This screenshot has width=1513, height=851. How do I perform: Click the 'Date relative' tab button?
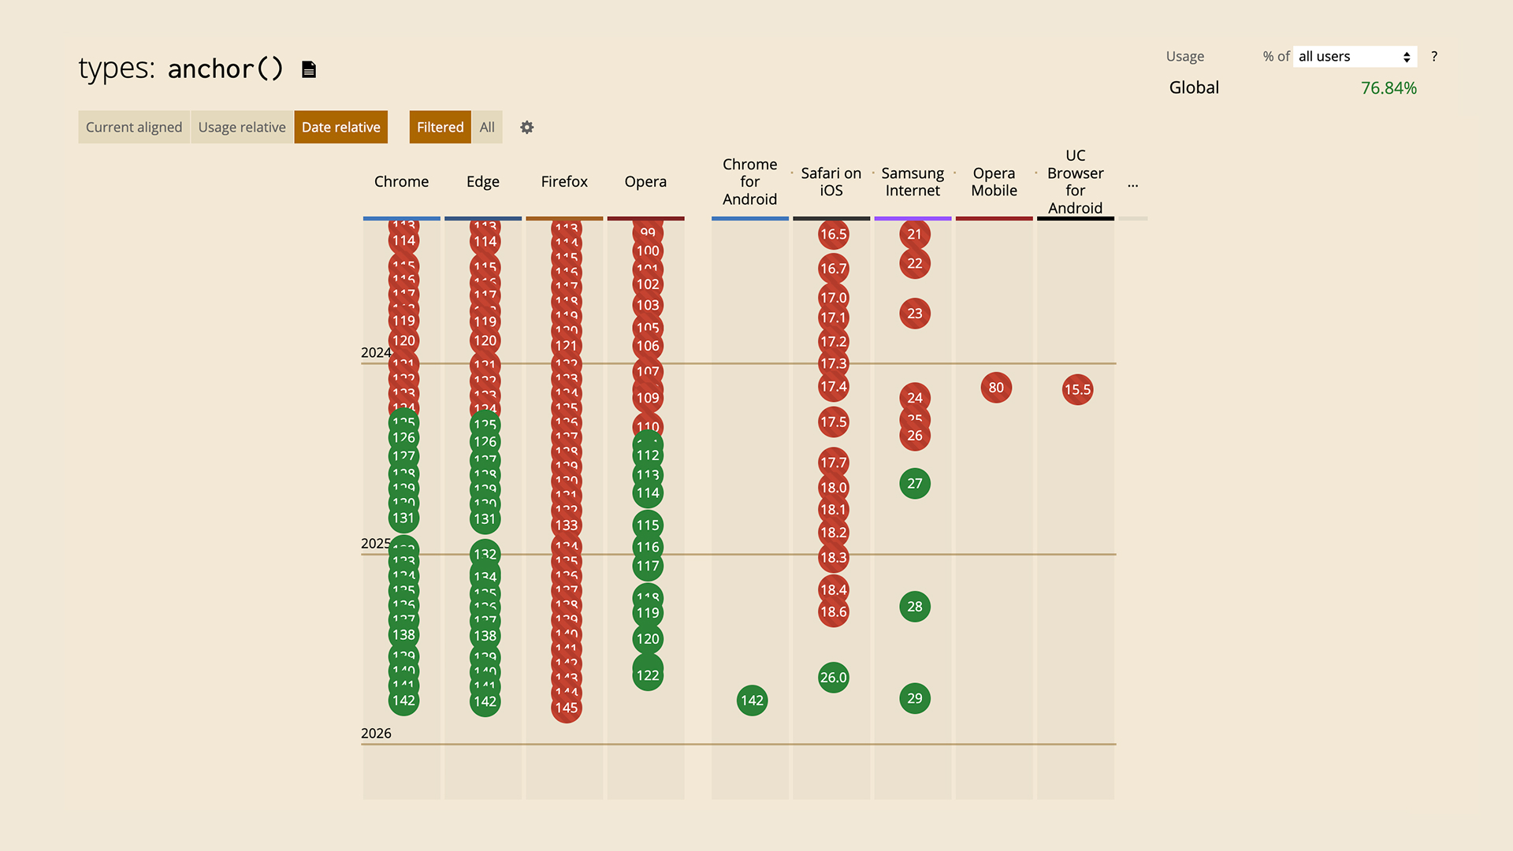pos(340,127)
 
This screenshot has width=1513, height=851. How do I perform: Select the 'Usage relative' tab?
pos(241,127)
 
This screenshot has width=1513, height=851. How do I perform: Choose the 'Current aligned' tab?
pos(134,127)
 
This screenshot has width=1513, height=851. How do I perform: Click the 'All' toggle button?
pos(487,127)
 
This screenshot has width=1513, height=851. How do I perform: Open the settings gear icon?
pos(527,127)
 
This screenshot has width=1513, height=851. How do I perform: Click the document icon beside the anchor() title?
pos(309,69)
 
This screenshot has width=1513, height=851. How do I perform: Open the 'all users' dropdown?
pos(1355,57)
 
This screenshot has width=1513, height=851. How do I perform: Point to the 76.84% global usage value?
pos(1388,88)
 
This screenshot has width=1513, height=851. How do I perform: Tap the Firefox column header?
pos(564,181)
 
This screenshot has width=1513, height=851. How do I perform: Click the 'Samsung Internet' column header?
pos(913,182)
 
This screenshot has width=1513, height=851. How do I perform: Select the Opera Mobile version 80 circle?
pos(996,388)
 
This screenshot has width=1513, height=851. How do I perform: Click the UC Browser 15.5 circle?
pos(1077,389)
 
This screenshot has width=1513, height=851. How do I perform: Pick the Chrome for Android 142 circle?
pos(752,700)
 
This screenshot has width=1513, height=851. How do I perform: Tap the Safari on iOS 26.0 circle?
pos(833,678)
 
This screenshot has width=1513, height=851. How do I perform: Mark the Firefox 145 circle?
pos(567,708)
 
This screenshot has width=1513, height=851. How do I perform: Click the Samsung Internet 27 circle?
pos(914,484)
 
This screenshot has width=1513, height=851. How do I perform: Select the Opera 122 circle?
pos(648,675)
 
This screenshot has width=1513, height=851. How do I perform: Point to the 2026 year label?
pos(376,734)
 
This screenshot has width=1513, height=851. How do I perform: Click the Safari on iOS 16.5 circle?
pos(833,234)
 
